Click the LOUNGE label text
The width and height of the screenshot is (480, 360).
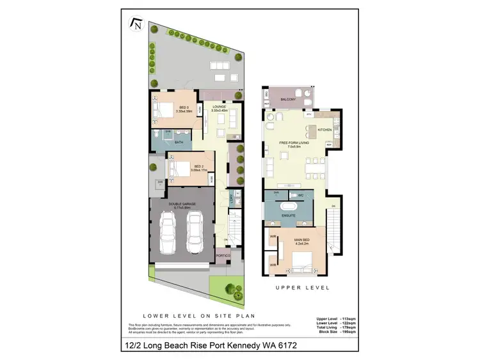pyautogui.click(x=220, y=107)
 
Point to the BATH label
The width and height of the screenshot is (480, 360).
pyautogui.click(x=179, y=143)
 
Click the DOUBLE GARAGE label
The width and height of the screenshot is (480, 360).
pyautogui.click(x=182, y=206)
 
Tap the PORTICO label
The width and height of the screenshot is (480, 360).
pyautogui.click(x=222, y=256)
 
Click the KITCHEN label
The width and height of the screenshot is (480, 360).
pyautogui.click(x=324, y=130)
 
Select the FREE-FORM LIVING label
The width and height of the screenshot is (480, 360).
pyautogui.click(x=294, y=143)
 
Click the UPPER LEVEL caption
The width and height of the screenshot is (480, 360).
pyautogui.click(x=302, y=288)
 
